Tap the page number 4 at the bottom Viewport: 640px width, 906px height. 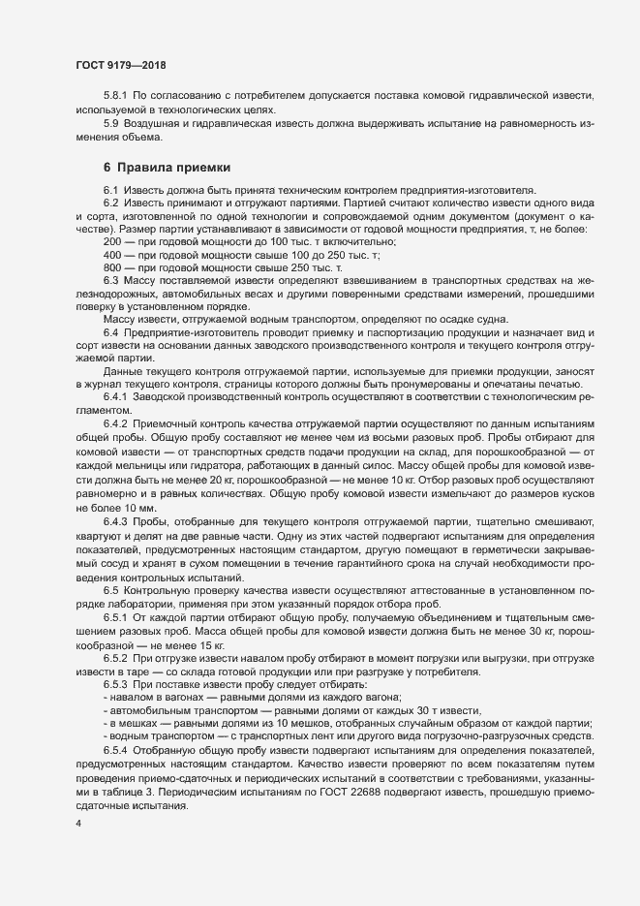pyautogui.click(x=77, y=824)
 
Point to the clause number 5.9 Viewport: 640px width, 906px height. pyautogui.click(x=110, y=123)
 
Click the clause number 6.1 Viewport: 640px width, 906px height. pyautogui.click(x=110, y=189)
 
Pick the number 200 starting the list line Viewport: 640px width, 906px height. pyautogui.click(x=111, y=239)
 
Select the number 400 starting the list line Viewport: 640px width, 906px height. pyautogui.click(x=111, y=253)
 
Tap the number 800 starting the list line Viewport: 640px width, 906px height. pyautogui.click(x=111, y=266)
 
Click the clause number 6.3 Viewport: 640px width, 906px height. pyautogui.click(x=110, y=279)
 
